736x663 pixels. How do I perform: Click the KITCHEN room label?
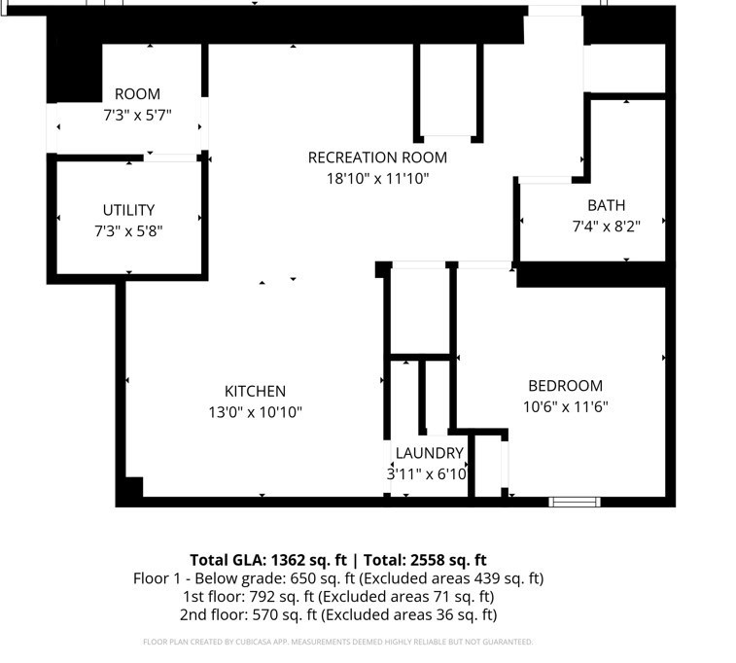(255, 391)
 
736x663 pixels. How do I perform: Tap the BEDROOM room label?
(565, 386)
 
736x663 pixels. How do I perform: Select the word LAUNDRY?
(429, 453)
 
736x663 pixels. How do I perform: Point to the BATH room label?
(606, 205)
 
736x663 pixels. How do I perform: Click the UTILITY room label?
(128, 210)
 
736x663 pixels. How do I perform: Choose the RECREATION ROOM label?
(377, 157)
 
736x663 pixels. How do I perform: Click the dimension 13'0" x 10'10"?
(255, 412)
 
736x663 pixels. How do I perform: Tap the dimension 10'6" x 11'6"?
(566, 407)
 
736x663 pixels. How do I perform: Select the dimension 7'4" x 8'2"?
(606, 227)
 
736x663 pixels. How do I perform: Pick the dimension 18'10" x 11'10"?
(377, 179)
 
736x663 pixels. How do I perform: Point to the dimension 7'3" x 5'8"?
(128, 231)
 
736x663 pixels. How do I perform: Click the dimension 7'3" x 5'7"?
(137, 115)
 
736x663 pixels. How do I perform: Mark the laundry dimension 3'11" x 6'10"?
(427, 474)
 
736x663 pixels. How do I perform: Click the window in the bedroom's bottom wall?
(574, 502)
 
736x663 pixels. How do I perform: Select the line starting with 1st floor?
(337, 597)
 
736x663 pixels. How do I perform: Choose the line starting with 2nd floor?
(337, 615)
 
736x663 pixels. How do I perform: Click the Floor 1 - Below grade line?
(337, 578)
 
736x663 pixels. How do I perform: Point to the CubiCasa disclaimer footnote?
(337, 642)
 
